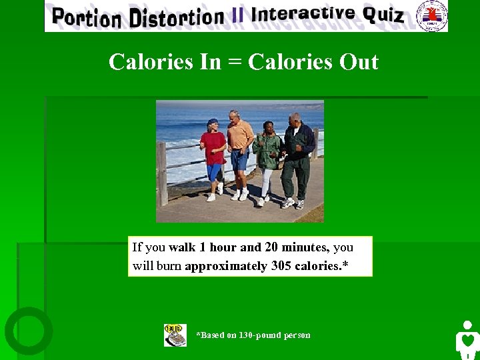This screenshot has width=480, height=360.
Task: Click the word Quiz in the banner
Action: pyautogui.click(x=383, y=14)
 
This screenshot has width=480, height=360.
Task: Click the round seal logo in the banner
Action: pyautogui.click(x=431, y=15)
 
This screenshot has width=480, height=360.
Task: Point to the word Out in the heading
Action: pyautogui.click(x=359, y=62)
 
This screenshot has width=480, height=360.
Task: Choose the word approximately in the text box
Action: pyautogui.click(x=226, y=266)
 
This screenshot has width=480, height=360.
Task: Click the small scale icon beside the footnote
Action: pyautogui.click(x=175, y=335)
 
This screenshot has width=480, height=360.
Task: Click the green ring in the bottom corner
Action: pyautogui.click(x=29, y=331)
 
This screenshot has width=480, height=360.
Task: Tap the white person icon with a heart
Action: pyautogui.click(x=467, y=339)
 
